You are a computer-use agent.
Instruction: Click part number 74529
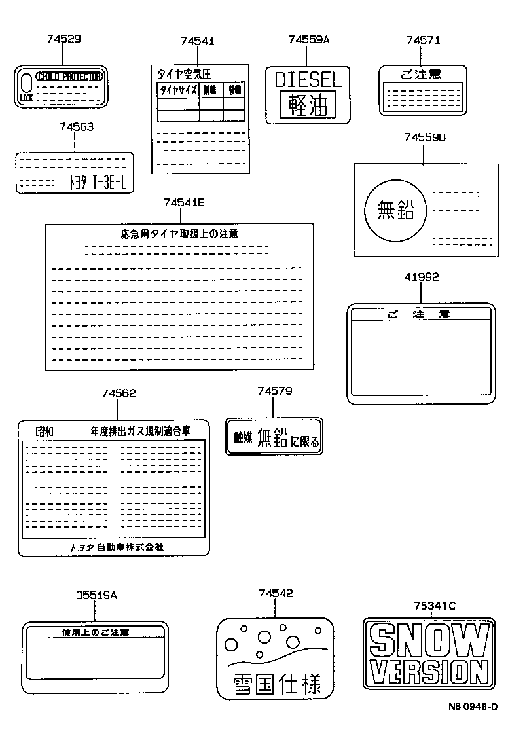[64, 39]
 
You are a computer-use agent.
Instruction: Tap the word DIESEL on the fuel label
[308, 81]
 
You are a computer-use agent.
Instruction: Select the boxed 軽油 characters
[307, 105]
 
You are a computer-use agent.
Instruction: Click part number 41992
[421, 277]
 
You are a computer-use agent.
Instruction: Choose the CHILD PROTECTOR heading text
[69, 77]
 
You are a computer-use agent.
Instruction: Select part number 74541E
[184, 202]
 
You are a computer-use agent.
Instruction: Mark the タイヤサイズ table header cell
[177, 90]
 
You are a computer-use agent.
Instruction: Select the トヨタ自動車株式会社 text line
[117, 546]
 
